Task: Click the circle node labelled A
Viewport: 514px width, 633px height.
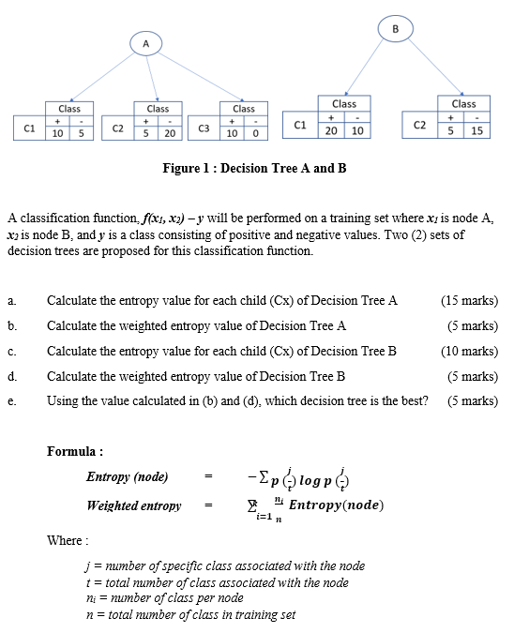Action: point(146,42)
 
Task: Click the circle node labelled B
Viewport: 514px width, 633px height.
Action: point(395,28)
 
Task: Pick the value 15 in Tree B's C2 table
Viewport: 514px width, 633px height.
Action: point(476,131)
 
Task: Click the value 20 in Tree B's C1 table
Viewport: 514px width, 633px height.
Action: point(331,131)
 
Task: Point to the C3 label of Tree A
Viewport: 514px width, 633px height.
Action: point(203,126)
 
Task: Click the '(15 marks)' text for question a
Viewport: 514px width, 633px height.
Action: point(468,301)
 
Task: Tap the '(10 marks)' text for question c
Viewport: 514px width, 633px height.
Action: point(468,352)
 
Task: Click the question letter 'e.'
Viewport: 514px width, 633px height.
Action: point(11,401)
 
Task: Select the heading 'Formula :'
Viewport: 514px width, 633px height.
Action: point(75,451)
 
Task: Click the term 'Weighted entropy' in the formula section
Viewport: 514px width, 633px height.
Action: point(134,505)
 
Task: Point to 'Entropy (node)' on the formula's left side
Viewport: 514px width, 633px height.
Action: point(128,476)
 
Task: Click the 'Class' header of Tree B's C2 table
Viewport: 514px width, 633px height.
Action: point(463,104)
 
